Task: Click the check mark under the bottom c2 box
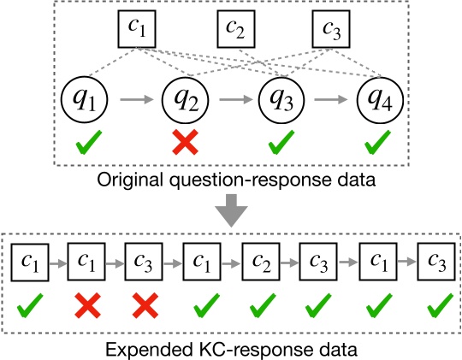(259, 303)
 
